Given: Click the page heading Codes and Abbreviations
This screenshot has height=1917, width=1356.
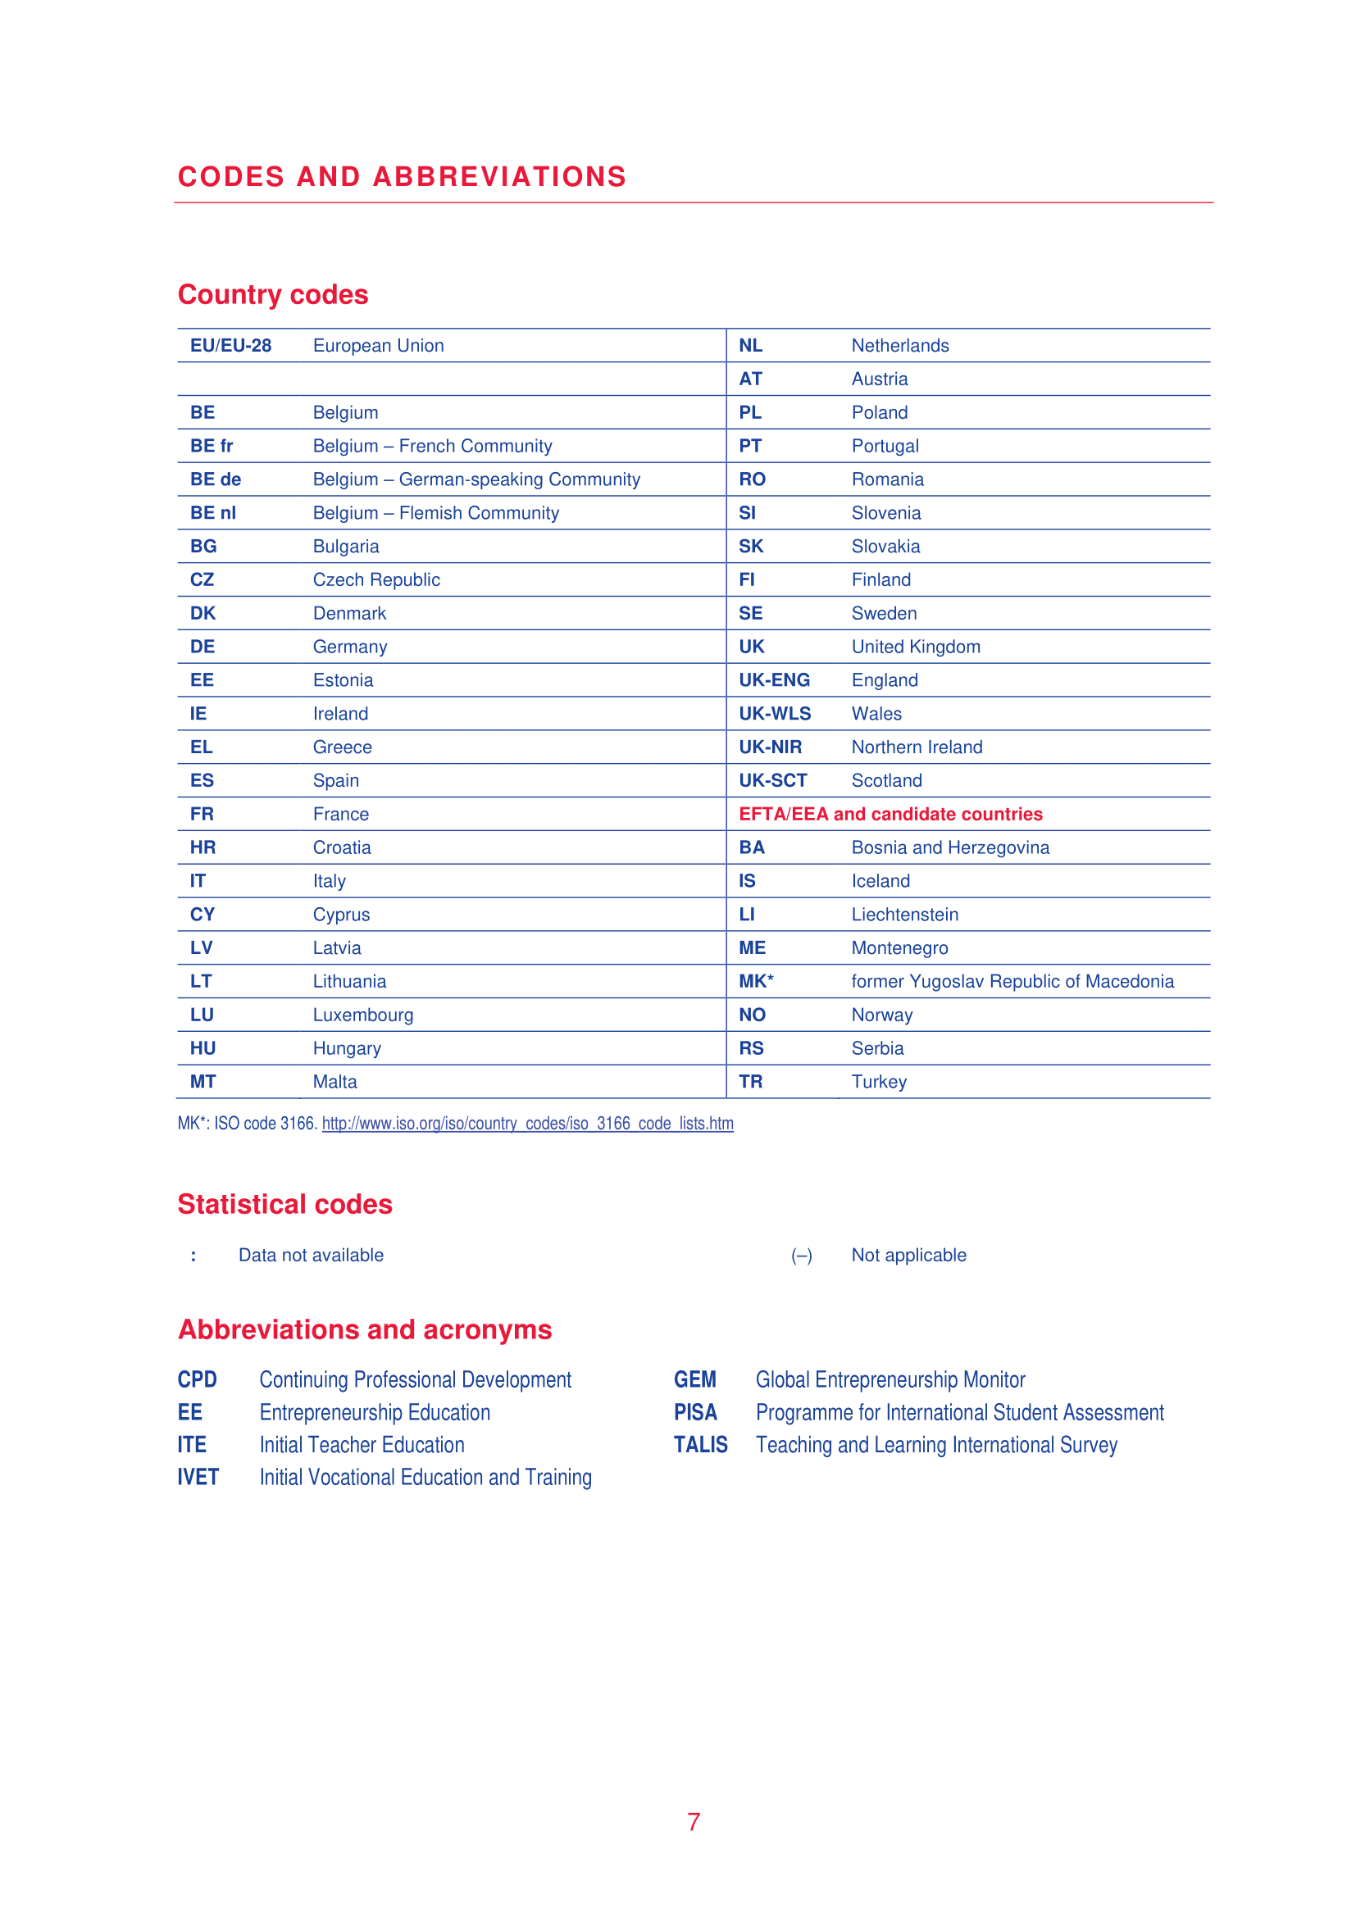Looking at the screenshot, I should point(402,177).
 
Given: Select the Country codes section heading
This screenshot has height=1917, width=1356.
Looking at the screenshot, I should point(273,295).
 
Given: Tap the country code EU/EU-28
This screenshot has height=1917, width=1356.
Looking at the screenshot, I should point(230,346).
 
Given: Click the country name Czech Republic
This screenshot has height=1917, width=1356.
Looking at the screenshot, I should point(375,580).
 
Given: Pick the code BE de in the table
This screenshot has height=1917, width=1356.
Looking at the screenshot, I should point(216,480).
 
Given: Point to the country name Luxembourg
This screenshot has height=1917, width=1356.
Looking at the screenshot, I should point(362,1015).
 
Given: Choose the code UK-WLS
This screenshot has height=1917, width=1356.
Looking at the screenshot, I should point(774,714).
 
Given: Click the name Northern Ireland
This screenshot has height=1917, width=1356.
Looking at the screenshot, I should point(916,747).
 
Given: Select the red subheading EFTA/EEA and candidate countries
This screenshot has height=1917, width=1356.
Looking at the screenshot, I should point(890,814).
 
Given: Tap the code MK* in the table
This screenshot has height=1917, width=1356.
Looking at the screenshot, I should point(756,982).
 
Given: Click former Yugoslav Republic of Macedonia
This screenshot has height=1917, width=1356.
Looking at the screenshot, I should point(1012,982).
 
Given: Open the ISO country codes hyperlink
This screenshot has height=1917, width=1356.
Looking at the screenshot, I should point(528,1124).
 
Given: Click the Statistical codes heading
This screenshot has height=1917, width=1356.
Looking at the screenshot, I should point(284,1205).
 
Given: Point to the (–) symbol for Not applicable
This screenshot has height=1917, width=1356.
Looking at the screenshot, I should point(801,1256).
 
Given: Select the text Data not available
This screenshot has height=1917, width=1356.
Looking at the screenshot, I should point(311,1256).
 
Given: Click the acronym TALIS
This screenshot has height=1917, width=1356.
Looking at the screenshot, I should point(700,1445).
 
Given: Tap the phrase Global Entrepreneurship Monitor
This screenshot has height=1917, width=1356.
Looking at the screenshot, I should point(890,1380).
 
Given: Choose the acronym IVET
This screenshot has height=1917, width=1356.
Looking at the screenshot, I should point(198,1478).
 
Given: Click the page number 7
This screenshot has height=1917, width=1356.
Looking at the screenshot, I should point(693,1822).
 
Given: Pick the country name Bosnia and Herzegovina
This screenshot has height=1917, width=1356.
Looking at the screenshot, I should point(950,848).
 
